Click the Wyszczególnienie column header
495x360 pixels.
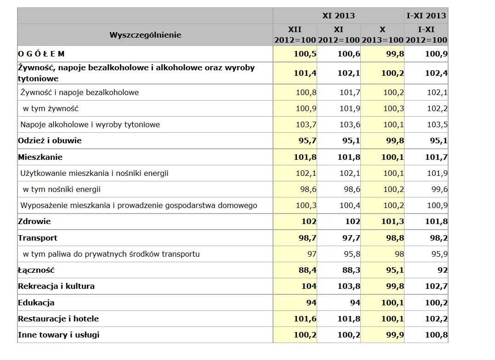click(145, 35)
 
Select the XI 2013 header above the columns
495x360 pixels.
click(338, 16)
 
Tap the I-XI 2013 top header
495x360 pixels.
click(426, 16)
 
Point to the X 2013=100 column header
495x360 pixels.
click(382, 35)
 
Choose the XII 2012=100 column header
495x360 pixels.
click(295, 35)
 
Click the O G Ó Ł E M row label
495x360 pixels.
click(41, 54)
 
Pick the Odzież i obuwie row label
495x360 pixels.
click(50, 141)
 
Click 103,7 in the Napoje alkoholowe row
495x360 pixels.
click(306, 124)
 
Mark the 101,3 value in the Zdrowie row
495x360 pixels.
click(393, 221)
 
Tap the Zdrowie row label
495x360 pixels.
click(34, 221)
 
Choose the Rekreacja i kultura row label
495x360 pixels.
click(56, 286)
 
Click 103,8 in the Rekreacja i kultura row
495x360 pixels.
click(349, 286)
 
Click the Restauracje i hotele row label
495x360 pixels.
click(58, 319)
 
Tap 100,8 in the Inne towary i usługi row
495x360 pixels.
click(436, 335)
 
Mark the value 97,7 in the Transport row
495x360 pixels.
click(349, 238)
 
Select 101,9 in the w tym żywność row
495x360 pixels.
click(350, 108)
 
